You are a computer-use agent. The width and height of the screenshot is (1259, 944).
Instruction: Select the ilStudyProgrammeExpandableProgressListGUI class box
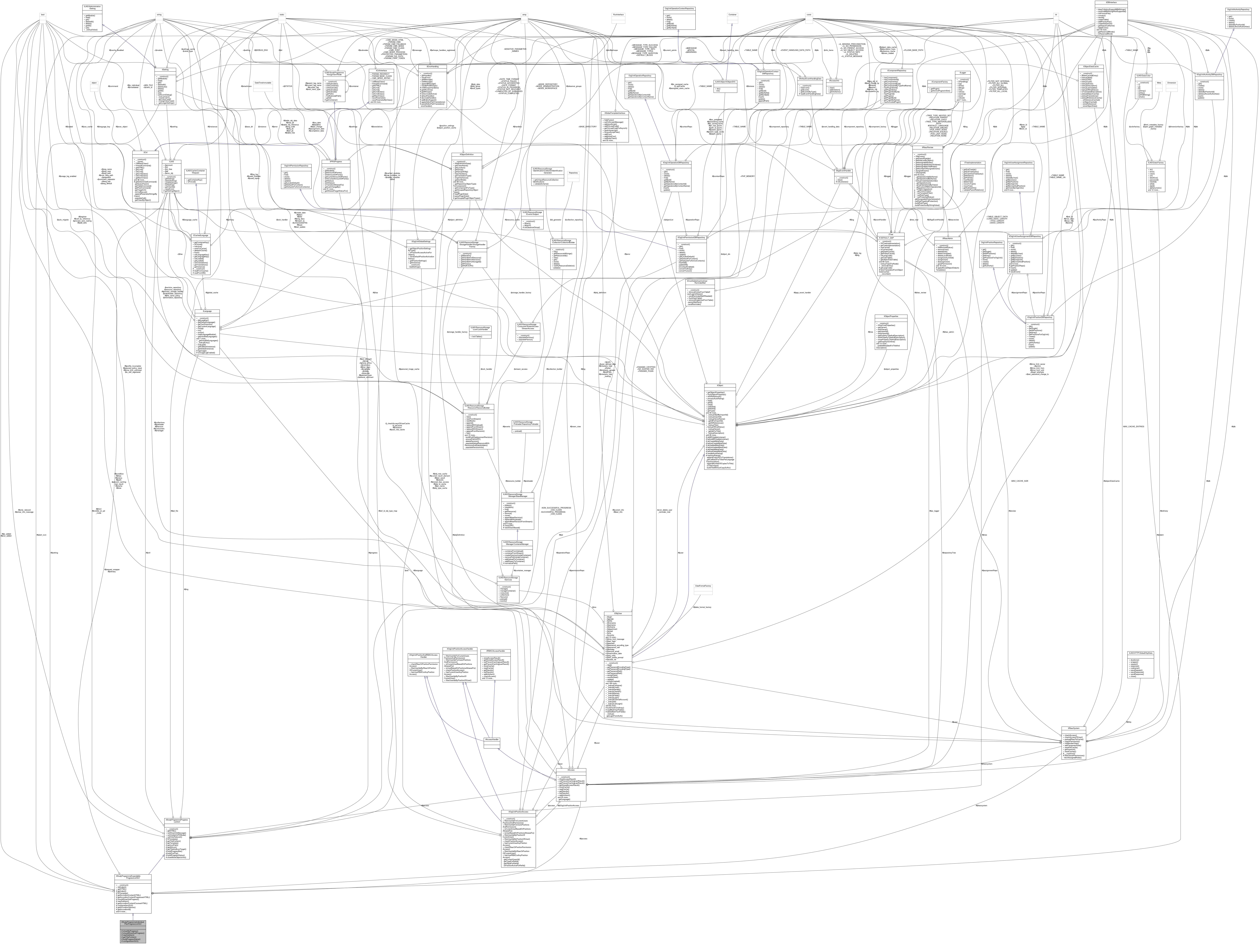133,893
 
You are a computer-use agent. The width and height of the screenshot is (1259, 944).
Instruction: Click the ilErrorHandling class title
433,67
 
